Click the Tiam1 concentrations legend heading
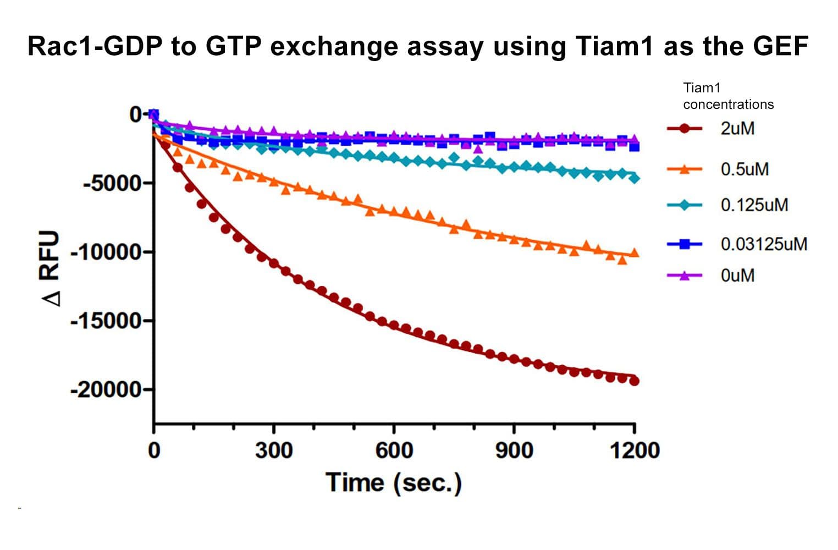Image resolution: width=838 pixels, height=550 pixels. [728, 96]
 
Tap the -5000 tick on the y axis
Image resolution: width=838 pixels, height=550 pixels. [111, 183]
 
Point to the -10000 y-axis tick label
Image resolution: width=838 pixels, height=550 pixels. [106, 252]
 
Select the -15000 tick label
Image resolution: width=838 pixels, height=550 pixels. [106, 320]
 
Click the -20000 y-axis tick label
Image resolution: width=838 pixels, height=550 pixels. [106, 389]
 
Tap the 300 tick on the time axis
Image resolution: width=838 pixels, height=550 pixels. [274, 450]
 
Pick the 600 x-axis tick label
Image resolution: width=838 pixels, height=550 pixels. [394, 450]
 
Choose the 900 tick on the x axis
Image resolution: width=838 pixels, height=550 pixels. [514, 450]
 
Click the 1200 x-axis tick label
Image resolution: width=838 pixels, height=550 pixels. [635, 450]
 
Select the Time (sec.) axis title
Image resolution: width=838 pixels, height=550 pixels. [394, 483]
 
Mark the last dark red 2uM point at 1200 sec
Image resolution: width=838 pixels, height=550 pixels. [634, 381]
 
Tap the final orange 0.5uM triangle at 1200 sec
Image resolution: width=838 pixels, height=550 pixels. [634, 253]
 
